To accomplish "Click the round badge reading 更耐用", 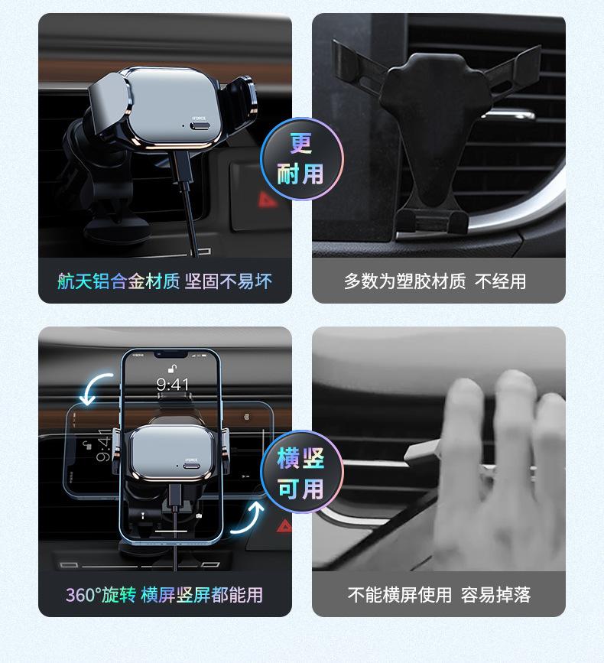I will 302,159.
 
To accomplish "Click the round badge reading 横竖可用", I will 302,474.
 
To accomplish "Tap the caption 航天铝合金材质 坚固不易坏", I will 164,281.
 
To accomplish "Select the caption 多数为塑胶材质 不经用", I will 435,281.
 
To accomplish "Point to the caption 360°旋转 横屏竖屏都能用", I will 164,594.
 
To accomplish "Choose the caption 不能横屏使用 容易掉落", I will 439,594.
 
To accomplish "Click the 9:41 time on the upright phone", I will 172,385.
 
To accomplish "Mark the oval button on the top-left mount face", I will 200,127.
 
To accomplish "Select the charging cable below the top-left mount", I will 191,206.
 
